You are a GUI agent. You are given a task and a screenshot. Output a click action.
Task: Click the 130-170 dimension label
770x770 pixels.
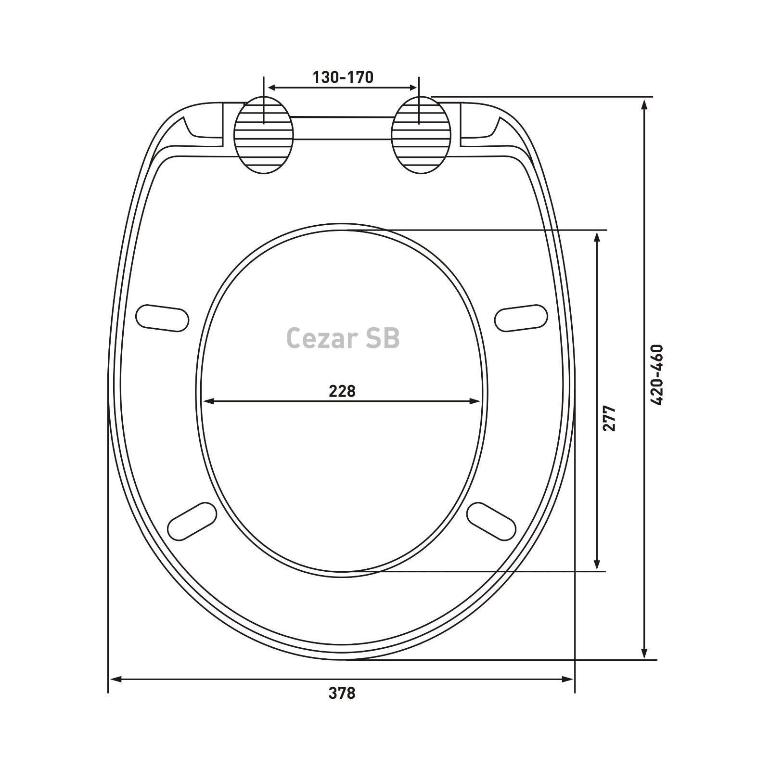click(343, 77)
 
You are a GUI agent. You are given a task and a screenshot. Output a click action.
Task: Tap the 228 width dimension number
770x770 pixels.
click(342, 391)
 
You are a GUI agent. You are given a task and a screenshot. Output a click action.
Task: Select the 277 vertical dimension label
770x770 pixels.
click(609, 418)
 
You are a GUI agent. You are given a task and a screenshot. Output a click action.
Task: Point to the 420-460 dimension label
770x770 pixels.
click(656, 375)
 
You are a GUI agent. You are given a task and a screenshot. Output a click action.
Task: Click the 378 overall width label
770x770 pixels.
click(342, 693)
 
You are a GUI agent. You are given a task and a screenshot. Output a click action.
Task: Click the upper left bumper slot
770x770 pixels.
click(162, 318)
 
